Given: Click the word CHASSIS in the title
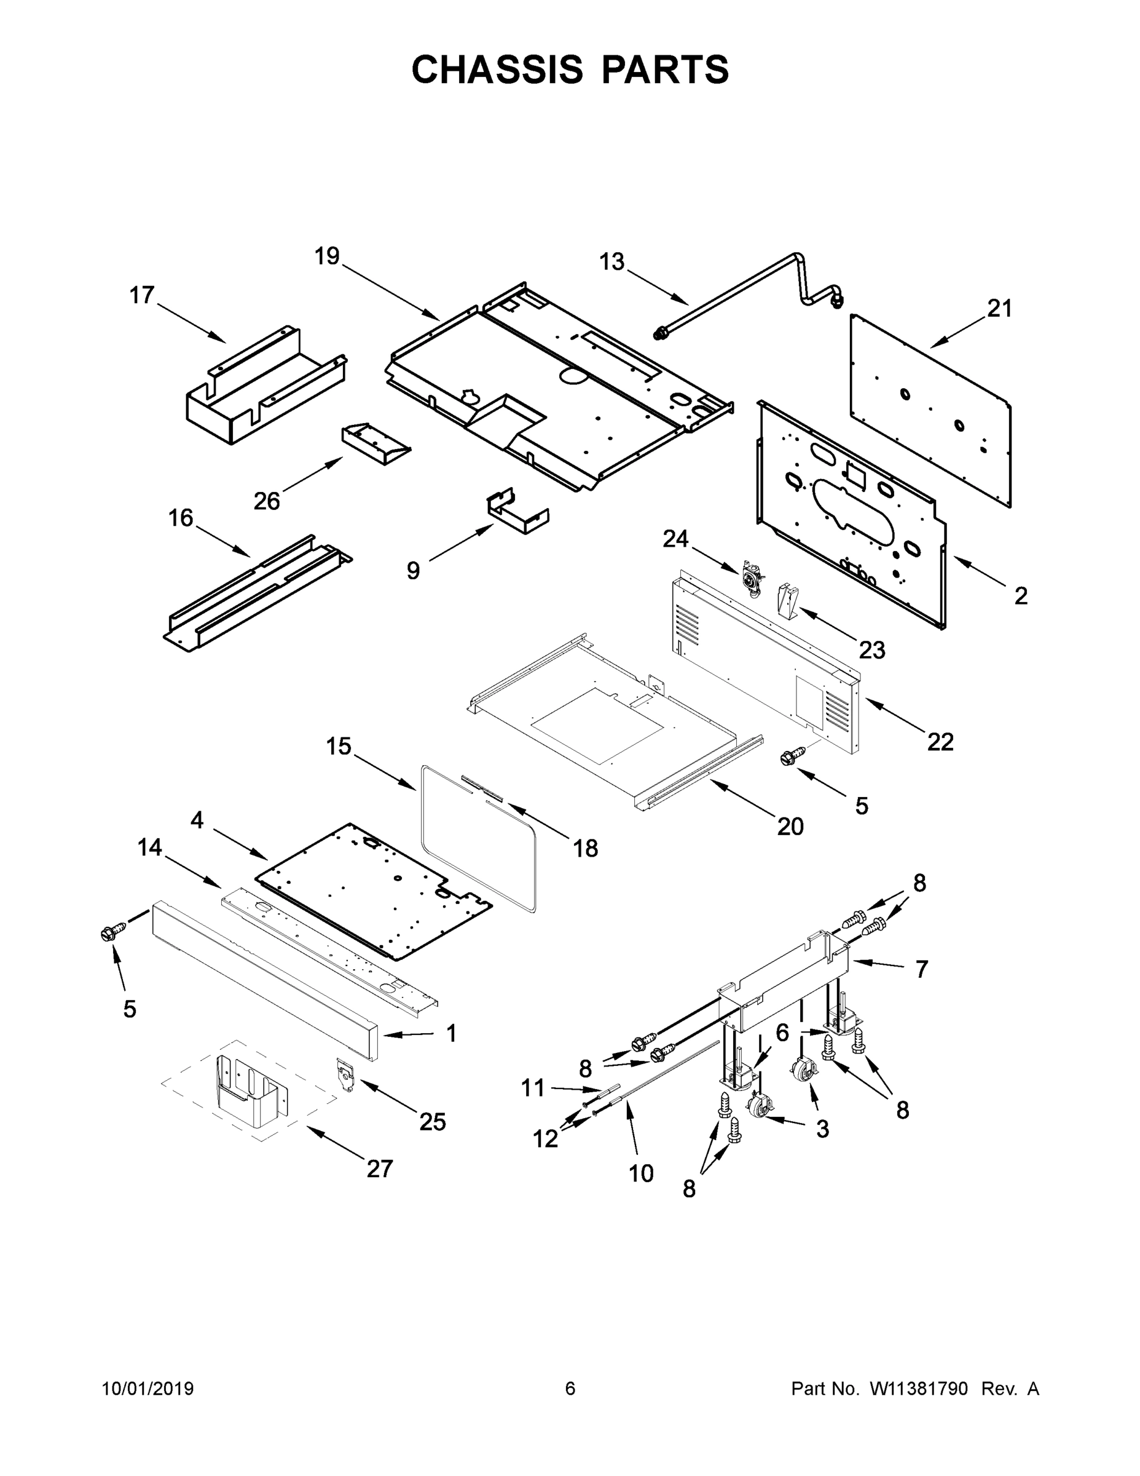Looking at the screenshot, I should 497,69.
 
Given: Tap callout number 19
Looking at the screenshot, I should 327,257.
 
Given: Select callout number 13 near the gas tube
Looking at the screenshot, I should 612,262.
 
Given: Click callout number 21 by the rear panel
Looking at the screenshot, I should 999,309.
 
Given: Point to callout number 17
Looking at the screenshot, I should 142,295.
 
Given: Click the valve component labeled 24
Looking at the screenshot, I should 750,580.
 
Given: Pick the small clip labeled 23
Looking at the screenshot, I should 787,601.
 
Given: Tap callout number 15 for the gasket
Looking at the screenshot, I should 339,747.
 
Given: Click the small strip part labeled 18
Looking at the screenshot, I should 483,787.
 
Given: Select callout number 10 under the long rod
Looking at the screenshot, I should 641,1174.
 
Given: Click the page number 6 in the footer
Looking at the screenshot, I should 570,1388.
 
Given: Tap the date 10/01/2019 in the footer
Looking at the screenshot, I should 148,1388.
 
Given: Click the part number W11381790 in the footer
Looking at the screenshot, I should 919,1388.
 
